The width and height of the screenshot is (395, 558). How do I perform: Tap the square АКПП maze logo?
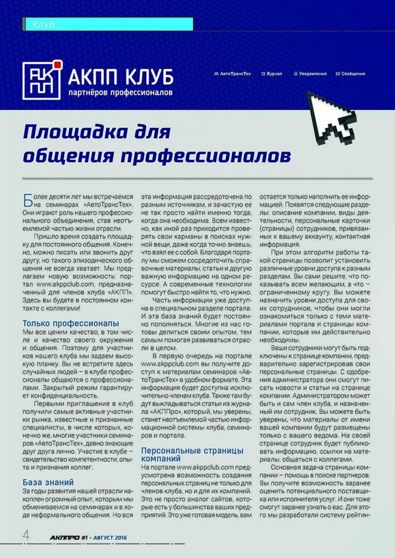pyautogui.click(x=41, y=81)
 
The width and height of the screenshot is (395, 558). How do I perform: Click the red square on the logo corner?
pyautogui.click(x=58, y=64)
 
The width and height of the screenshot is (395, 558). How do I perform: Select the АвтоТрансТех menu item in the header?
pyautogui.click(x=232, y=74)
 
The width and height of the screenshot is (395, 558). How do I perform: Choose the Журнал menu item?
pyautogui.click(x=272, y=74)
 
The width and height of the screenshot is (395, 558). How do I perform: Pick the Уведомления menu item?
pyautogui.click(x=310, y=74)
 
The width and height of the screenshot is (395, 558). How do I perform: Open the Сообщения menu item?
pyautogui.click(x=351, y=74)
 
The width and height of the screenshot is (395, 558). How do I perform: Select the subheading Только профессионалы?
pyautogui.click(x=71, y=323)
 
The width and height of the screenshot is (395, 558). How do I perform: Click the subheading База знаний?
pyautogui.click(x=48, y=482)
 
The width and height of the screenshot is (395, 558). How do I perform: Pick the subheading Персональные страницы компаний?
pyautogui.click(x=192, y=454)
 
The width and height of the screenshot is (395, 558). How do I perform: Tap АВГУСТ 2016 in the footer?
pyautogui.click(x=110, y=538)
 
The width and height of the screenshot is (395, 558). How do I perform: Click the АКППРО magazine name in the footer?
pyautogui.click(x=65, y=538)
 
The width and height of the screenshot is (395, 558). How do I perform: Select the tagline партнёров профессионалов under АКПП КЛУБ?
pyautogui.click(x=120, y=93)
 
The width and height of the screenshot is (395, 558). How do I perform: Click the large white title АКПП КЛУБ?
pyautogui.click(x=120, y=78)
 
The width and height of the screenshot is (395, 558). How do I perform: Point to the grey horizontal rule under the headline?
pyautogui.click(x=197, y=179)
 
